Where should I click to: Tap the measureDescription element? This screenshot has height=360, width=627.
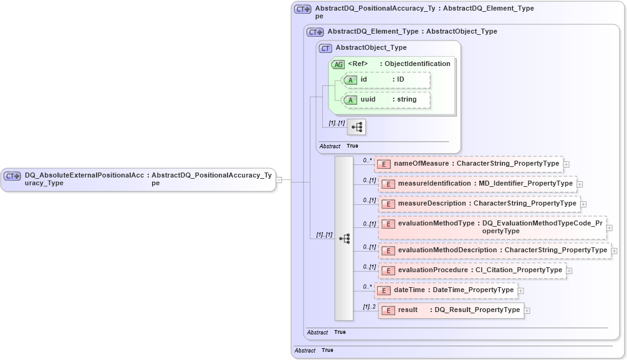[x=479, y=204]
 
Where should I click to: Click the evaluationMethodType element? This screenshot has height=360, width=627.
[x=492, y=227]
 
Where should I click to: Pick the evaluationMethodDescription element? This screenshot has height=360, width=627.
[x=495, y=250]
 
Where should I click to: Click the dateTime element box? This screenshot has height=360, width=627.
[x=446, y=290]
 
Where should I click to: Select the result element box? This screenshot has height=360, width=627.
[x=451, y=310]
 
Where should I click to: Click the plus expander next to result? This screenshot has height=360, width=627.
[x=527, y=310]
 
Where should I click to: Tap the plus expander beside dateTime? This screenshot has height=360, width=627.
[x=521, y=290]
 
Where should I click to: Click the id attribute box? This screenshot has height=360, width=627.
[x=386, y=80]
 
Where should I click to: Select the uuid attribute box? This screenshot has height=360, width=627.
[x=386, y=100]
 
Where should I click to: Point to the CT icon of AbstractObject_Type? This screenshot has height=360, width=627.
[x=325, y=48]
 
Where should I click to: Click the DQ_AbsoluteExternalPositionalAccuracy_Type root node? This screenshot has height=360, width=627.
[x=138, y=179]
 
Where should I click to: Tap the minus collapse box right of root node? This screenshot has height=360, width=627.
[x=279, y=180]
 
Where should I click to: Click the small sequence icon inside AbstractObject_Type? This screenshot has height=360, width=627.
[x=357, y=127]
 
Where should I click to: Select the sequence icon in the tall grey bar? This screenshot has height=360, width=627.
[x=344, y=239]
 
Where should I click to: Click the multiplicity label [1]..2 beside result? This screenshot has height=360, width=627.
[x=369, y=306]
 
